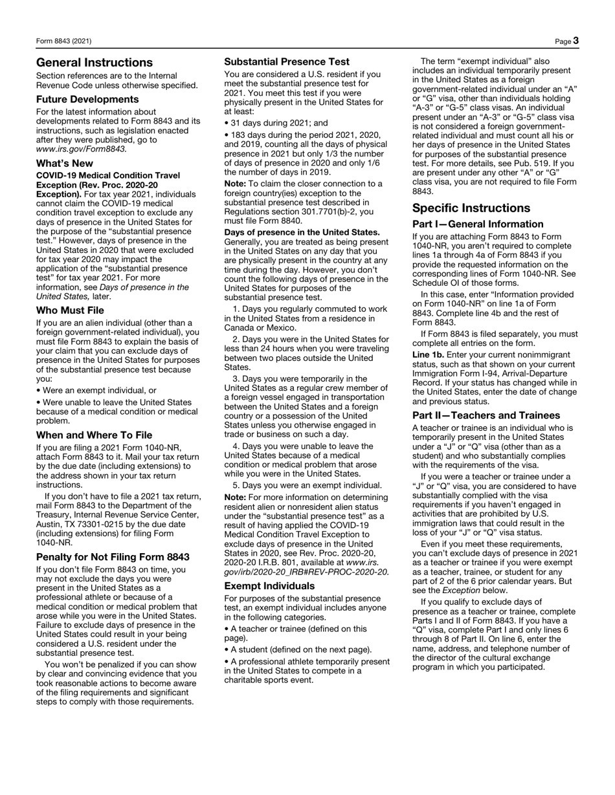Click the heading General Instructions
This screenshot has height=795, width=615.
coord(95,63)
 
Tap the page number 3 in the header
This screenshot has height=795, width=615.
coord(576,41)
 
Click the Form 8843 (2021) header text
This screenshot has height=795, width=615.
coord(63,41)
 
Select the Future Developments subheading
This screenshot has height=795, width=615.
coord(87,99)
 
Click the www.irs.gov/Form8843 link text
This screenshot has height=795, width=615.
coord(81,149)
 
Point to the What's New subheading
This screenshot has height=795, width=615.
coord(65,163)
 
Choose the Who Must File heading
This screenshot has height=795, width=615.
coord(70,310)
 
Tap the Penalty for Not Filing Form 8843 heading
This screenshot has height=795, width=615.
coord(113,557)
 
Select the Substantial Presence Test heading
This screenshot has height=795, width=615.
coord(287,62)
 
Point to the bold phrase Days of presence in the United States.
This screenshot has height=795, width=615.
coord(302,232)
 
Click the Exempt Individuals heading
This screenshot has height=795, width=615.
coord(269,586)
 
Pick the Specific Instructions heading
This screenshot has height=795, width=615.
coord(471,208)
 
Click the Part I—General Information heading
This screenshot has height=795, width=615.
coord(469,224)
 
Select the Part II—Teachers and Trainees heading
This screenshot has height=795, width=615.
coord(486,415)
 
